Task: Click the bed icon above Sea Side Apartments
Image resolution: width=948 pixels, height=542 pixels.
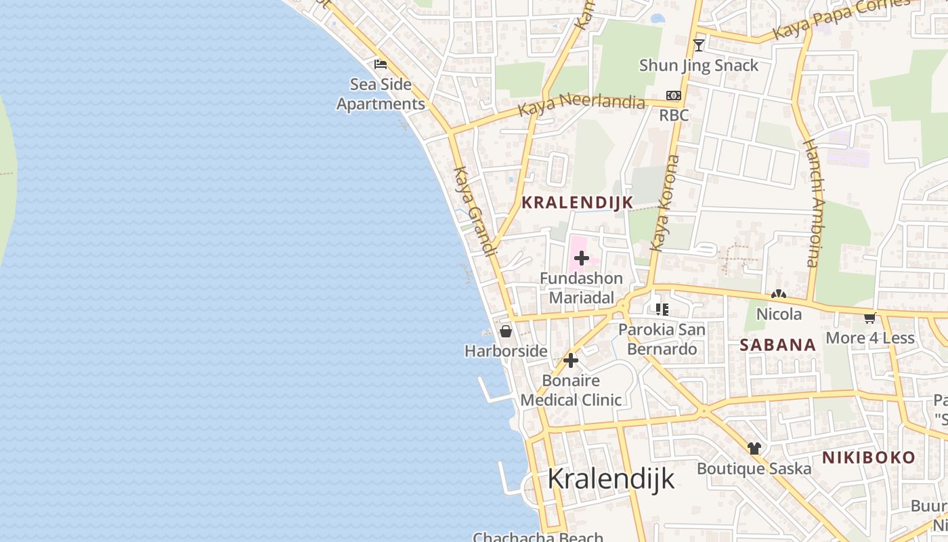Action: click(381, 64)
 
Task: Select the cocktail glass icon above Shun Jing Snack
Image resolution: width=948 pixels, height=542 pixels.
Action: click(699, 45)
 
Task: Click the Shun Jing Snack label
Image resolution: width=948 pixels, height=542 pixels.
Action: click(699, 66)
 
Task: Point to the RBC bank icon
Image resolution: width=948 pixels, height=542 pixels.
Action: click(674, 96)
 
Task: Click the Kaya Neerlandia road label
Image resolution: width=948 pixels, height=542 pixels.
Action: click(581, 106)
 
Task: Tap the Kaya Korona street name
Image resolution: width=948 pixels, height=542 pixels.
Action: click(664, 203)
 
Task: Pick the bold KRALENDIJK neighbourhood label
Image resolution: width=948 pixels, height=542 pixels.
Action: click(577, 202)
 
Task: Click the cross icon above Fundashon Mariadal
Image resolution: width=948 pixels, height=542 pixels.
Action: click(581, 257)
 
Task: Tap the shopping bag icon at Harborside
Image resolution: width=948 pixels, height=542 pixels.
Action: click(505, 331)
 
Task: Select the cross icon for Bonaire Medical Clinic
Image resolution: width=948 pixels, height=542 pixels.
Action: click(571, 360)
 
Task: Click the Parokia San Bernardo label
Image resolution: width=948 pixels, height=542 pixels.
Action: click(662, 339)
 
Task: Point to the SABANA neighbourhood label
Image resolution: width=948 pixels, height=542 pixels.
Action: click(777, 345)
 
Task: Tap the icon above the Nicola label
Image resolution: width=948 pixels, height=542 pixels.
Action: click(779, 295)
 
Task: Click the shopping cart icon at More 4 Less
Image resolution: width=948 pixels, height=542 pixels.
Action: click(870, 318)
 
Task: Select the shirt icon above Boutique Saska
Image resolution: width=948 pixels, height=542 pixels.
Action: click(754, 448)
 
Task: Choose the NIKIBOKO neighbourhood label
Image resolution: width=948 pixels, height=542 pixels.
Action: click(869, 457)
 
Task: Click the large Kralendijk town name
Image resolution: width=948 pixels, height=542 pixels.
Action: click(611, 478)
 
